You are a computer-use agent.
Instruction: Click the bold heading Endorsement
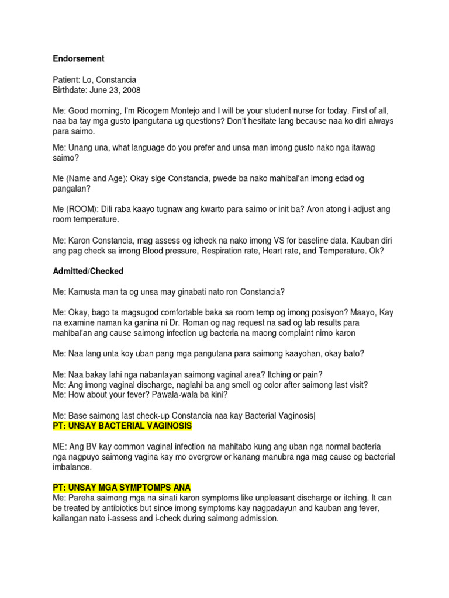point(79,59)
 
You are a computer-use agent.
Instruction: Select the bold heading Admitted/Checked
point(88,272)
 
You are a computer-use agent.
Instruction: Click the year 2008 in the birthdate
point(130,90)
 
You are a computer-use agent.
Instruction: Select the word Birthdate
point(70,90)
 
